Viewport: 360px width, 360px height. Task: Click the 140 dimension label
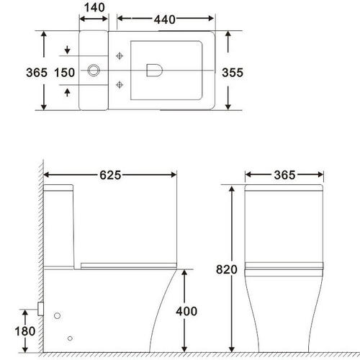pos(94,7)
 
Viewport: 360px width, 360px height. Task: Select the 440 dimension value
pos(165,19)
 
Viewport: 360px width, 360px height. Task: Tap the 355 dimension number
pos(233,73)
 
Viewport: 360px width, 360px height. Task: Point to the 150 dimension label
pos(65,73)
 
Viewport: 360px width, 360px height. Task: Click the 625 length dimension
pos(110,175)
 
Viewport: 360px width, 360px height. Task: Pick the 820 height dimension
pos(227,269)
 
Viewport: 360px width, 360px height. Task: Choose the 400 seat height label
pos(186,311)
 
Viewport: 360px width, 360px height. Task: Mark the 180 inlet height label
pos(25,331)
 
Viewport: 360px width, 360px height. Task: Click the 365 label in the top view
pos(37,73)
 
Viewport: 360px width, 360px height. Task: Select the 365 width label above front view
pos(284,175)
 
